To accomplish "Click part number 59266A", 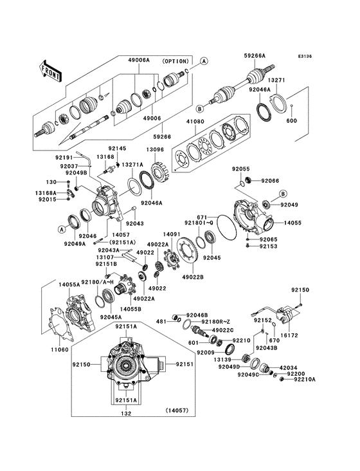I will pos(256,55).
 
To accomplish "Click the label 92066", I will pos(271,181).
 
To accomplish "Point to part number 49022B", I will pos(192,277).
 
